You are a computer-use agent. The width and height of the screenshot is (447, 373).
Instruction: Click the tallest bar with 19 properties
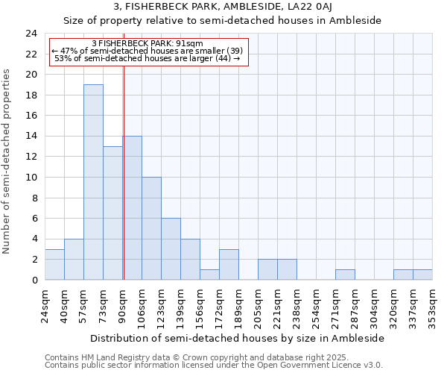pyautogui.click(x=93, y=182)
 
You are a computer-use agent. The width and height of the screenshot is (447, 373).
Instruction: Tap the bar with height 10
pyautogui.click(x=151, y=228)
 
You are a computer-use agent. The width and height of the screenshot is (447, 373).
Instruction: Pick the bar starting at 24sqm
pyautogui.click(x=54, y=264)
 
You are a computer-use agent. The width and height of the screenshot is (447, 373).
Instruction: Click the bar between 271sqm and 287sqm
pyautogui.click(x=345, y=275)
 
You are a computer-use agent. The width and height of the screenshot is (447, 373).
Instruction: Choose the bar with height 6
pyautogui.click(x=171, y=249)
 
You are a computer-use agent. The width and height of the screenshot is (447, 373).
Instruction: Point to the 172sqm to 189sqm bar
pyautogui.click(x=229, y=265)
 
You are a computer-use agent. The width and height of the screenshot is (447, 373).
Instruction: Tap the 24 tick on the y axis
pyautogui.click(x=31, y=34)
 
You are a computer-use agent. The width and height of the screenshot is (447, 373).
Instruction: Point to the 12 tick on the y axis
pyautogui.click(x=31, y=157)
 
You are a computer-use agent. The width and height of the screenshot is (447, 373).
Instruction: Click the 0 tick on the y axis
pyautogui.click(x=34, y=280)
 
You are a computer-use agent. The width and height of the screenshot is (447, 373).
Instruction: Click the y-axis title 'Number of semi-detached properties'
pyautogui.click(x=7, y=161)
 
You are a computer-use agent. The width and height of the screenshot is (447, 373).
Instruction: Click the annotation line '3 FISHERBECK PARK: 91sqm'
pyautogui.click(x=147, y=43)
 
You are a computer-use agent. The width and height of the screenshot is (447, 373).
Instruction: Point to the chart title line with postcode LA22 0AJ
pyautogui.click(x=222, y=7)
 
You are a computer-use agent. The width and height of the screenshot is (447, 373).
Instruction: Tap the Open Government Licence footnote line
pyautogui.click(x=214, y=366)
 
